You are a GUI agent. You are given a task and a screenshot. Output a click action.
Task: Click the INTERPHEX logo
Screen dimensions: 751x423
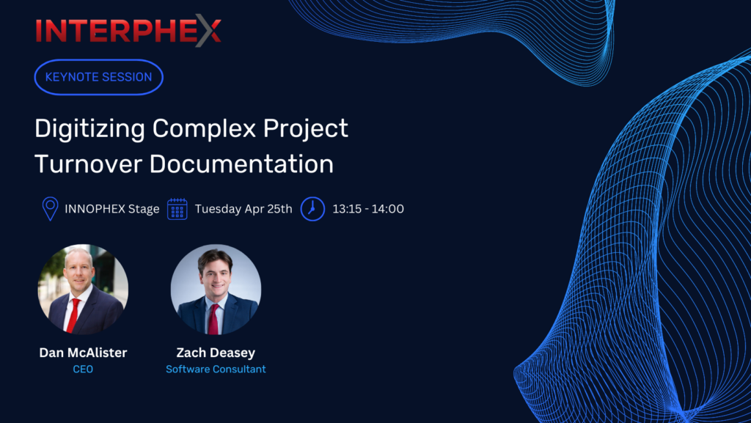pyautogui.click(x=128, y=31)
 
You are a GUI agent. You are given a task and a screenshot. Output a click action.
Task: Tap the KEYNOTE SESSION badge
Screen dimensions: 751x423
pyautogui.click(x=99, y=77)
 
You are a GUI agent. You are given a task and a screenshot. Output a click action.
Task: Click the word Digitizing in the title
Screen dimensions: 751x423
pyautogui.click(x=90, y=129)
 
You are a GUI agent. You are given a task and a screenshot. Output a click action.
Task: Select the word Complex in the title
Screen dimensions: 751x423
pyautogui.click(x=204, y=129)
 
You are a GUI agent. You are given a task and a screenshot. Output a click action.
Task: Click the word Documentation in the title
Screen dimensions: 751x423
pyautogui.click(x=241, y=164)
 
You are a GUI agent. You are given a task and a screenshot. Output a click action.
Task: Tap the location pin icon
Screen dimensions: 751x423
pyautogui.click(x=51, y=209)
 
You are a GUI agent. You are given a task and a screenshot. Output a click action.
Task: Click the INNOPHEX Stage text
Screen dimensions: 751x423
pyautogui.click(x=112, y=209)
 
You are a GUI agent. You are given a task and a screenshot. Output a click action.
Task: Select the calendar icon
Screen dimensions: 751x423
pyautogui.click(x=177, y=209)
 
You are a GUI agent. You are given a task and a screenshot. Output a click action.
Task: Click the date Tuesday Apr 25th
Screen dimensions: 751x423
pyautogui.click(x=243, y=209)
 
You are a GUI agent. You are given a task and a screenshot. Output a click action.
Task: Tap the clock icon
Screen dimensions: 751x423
pyautogui.click(x=312, y=209)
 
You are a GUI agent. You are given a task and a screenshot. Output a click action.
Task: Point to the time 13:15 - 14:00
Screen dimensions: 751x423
pyautogui.click(x=368, y=209)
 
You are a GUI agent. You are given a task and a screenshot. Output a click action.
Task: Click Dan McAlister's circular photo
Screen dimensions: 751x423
pyautogui.click(x=83, y=290)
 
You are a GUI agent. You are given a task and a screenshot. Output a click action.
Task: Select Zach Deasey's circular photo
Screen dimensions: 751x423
pyautogui.click(x=216, y=290)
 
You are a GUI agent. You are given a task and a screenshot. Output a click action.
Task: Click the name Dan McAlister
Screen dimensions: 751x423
pyautogui.click(x=84, y=353)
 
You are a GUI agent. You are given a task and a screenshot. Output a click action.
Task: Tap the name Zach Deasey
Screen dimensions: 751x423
pyautogui.click(x=216, y=353)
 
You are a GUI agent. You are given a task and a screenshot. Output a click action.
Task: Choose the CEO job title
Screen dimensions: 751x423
pyautogui.click(x=83, y=369)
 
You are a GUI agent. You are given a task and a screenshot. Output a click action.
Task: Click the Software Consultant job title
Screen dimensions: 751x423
pyautogui.click(x=216, y=369)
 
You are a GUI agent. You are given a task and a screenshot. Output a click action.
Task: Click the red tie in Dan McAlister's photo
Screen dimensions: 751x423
pyautogui.click(x=73, y=316)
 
